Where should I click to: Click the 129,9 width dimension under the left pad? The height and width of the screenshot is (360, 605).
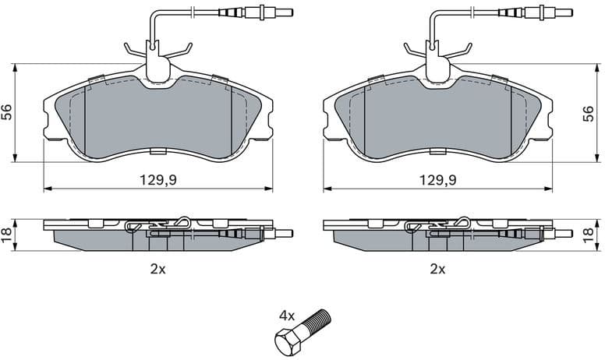(x=157, y=179)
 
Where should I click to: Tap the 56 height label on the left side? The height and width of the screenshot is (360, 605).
(x=6, y=112)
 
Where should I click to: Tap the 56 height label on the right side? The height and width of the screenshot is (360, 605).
(x=589, y=112)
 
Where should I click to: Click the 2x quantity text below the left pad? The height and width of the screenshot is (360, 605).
(x=158, y=270)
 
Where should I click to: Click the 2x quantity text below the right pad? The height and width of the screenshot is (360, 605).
(x=437, y=270)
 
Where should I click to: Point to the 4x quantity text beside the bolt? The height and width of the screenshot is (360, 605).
(x=288, y=316)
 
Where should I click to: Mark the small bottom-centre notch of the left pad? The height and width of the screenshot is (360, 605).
(x=157, y=151)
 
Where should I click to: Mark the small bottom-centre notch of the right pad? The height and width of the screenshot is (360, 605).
(x=437, y=151)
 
